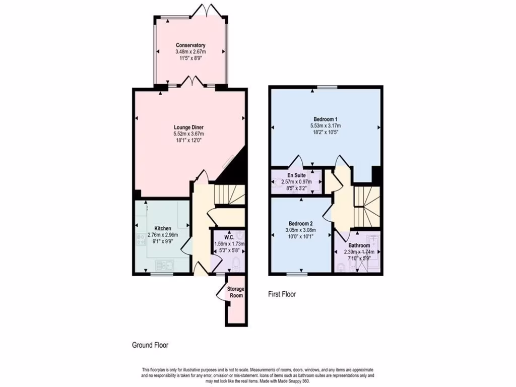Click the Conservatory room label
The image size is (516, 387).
(190, 45)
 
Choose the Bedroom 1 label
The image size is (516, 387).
(325, 119)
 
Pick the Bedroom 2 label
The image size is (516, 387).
(301, 224)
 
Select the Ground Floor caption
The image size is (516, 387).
(150, 345)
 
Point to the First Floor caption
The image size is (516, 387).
(282, 294)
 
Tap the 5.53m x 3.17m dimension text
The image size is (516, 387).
(325, 125)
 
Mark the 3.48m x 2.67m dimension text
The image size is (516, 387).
(190, 52)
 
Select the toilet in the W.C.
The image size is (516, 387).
(237, 261)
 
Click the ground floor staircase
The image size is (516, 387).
(229, 195)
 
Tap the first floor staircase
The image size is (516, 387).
(366, 207)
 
